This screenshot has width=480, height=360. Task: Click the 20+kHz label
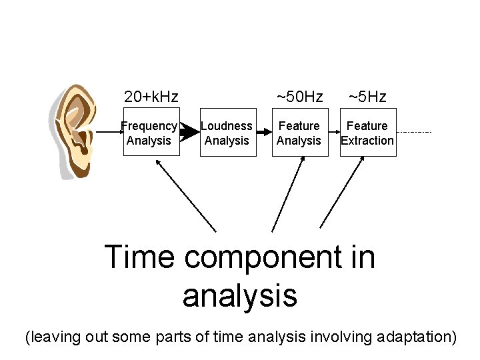(x=151, y=97)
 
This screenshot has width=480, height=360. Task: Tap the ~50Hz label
(x=299, y=97)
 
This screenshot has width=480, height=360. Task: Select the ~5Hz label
(x=367, y=97)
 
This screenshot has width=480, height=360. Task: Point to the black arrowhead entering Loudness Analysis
(x=190, y=132)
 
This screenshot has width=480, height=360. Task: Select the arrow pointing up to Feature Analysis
(x=285, y=197)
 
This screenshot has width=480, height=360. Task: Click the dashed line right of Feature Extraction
(x=414, y=132)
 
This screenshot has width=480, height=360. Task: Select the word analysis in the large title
(x=239, y=295)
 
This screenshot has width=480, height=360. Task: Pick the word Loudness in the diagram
(x=227, y=126)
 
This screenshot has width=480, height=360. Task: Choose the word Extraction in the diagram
(x=367, y=141)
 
